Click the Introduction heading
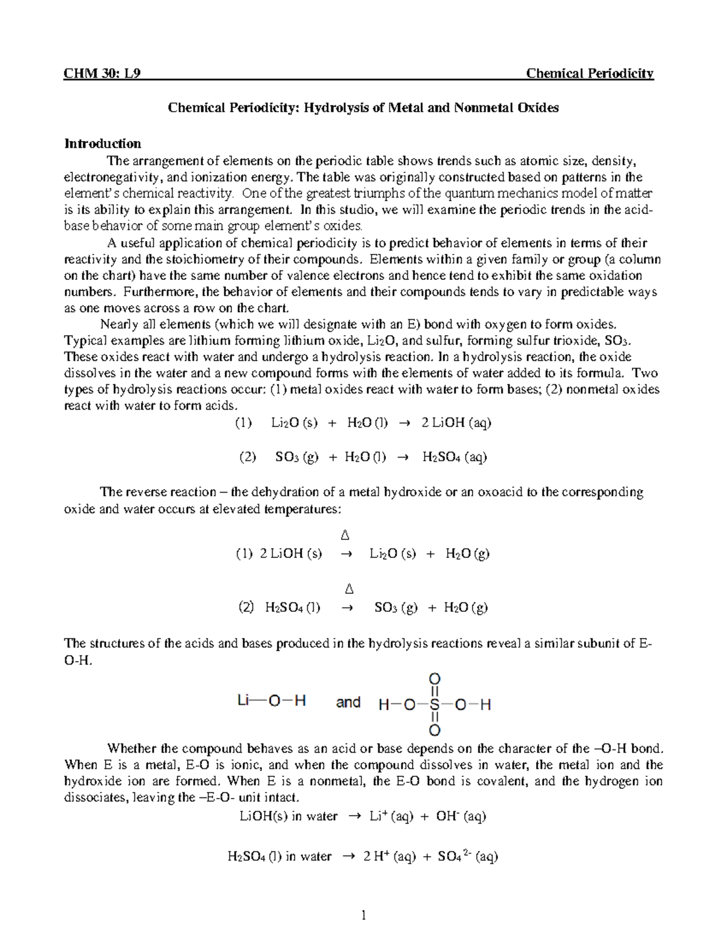[x=102, y=144]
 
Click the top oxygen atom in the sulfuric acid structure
[x=434, y=679]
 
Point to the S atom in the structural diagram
[x=434, y=705]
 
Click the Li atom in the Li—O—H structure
[x=244, y=701]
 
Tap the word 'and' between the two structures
[x=348, y=702]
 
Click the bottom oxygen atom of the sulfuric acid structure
[x=434, y=730]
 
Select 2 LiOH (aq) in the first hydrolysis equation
[x=456, y=423]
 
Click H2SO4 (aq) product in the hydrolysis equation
[x=454, y=457]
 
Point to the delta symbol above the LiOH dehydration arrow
[x=345, y=536]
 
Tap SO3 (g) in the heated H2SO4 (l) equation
[x=396, y=608]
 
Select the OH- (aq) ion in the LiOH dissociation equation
[x=461, y=816]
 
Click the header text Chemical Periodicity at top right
[x=589, y=74]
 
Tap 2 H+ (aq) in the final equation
[x=390, y=856]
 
